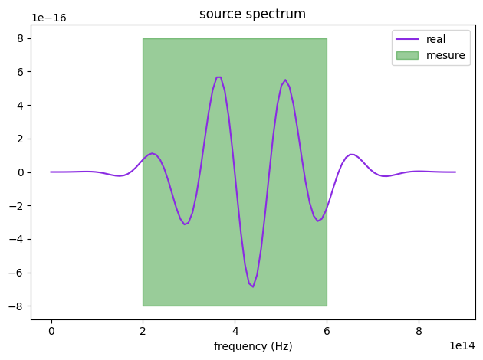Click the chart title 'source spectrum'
click(x=253, y=14)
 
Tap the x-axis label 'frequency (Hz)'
click(x=253, y=346)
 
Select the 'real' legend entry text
click(x=436, y=39)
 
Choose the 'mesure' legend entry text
click(x=446, y=55)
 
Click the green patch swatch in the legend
click(x=407, y=55)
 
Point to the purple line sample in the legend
click(x=407, y=39)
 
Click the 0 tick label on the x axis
click(x=51, y=329)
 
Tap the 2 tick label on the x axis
click(x=143, y=329)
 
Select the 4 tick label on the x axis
click(x=235, y=329)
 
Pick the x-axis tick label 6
click(x=327, y=329)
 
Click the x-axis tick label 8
click(x=419, y=329)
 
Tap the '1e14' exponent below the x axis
click(x=461, y=345)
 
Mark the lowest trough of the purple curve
click(x=253, y=286)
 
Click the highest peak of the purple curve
click(x=219, y=77)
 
